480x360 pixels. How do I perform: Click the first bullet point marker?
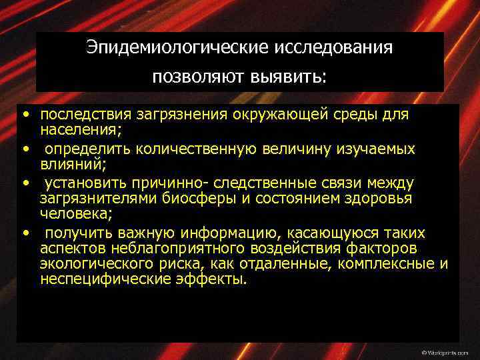24,115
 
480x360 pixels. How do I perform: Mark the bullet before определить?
24,148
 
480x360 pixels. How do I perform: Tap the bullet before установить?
24,183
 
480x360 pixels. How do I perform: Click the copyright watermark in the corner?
445,351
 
